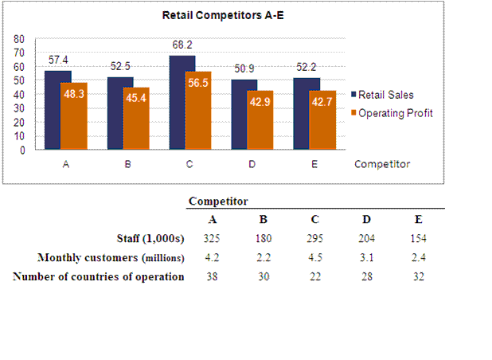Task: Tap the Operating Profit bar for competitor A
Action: [74, 115]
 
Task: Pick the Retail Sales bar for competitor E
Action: [306, 113]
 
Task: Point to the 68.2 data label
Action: [183, 45]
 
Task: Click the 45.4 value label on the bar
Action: [135, 100]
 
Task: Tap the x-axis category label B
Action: [127, 165]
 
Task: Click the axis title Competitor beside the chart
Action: [382, 165]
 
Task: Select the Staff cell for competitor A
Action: [213, 238]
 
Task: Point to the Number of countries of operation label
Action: [99, 276]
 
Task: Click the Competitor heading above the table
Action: [218, 202]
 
